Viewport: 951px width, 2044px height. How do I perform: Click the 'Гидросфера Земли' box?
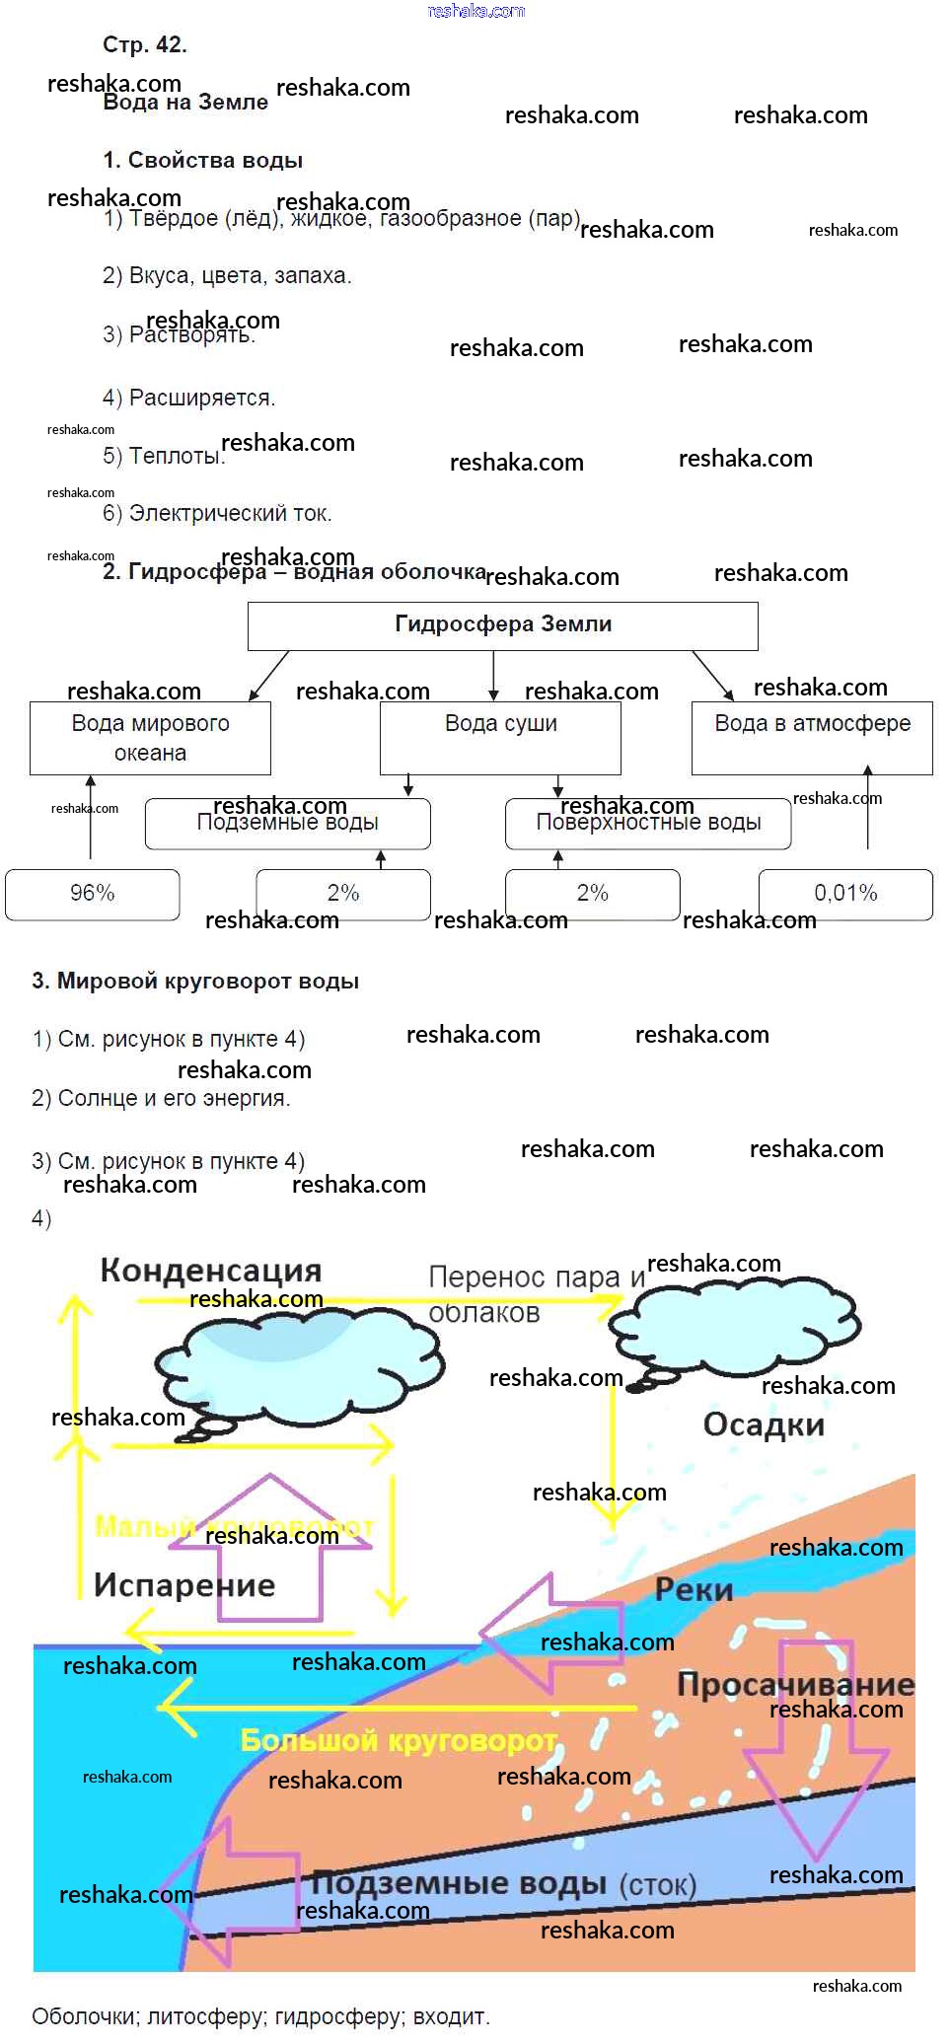tap(502, 625)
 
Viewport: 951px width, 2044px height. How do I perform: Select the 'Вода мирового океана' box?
tap(150, 738)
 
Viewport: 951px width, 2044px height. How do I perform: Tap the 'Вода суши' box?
tap(500, 738)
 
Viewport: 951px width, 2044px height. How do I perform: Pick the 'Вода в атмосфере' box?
tap(812, 738)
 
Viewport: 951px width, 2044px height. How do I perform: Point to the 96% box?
tap(93, 894)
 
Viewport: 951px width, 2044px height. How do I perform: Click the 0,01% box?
tap(845, 894)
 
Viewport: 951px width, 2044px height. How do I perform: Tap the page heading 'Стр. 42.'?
tap(145, 44)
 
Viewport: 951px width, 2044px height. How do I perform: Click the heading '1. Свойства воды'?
tap(202, 160)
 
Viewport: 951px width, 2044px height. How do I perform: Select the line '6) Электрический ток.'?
tap(217, 513)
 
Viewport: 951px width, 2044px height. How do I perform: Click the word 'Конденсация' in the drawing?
tap(211, 1271)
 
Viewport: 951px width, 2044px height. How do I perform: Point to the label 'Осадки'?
tap(764, 1424)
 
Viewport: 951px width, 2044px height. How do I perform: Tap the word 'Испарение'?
tap(184, 1584)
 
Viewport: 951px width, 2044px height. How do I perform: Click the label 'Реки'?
tap(695, 1589)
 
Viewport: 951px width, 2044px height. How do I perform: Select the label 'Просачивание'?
tap(795, 1684)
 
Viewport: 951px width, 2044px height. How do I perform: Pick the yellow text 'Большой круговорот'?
tap(400, 1740)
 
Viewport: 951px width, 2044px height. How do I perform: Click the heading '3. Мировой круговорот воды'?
tap(195, 981)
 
